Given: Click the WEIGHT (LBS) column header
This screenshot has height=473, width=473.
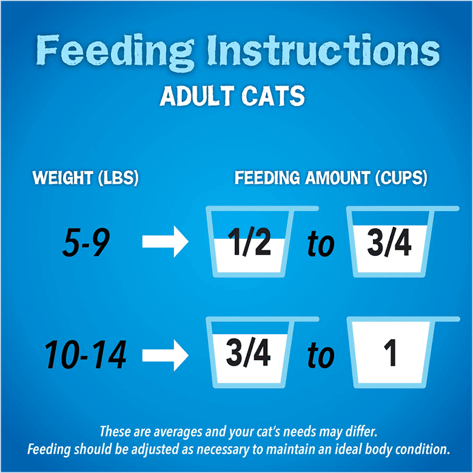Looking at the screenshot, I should pos(86,178).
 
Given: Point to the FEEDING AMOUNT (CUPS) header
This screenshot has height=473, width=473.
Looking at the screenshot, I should pos(331,178).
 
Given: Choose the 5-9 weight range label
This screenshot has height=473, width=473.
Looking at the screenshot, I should pos(86,243).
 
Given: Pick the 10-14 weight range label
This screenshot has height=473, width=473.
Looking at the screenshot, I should pos(86,354).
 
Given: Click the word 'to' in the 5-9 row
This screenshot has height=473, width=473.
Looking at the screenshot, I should pos(320,244).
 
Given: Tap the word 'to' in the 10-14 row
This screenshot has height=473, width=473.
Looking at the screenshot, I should pos(320,356).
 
